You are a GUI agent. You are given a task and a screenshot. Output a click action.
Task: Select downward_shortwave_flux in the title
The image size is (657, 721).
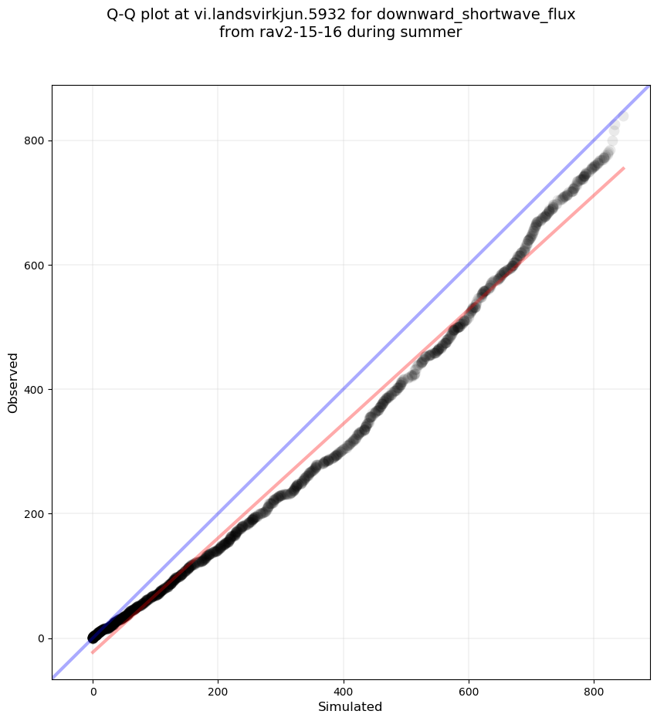point(476,14)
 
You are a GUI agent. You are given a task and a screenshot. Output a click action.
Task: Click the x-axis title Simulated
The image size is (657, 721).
point(351,706)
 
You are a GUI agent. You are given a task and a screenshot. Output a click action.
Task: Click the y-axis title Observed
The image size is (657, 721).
point(13,382)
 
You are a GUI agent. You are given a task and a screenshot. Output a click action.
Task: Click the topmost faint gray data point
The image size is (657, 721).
point(622,116)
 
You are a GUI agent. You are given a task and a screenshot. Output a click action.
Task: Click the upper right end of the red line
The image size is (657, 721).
point(623,168)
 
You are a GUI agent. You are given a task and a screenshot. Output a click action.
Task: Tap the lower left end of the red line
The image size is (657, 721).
point(93,652)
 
